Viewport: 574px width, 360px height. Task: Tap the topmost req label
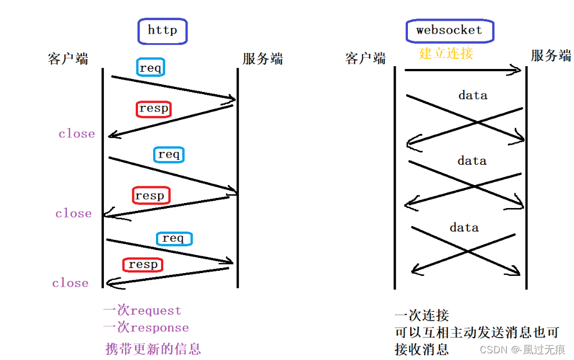150,67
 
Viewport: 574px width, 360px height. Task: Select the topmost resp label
154,109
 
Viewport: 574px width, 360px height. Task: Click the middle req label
169,154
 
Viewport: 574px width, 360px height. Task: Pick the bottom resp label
143,265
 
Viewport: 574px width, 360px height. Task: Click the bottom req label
175,238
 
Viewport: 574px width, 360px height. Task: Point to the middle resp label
151,195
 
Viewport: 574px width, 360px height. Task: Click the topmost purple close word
76,133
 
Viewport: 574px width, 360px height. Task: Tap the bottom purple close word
70,283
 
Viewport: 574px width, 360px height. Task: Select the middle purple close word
74,213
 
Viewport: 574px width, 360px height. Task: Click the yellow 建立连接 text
446,53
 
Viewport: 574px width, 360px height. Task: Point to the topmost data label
472,95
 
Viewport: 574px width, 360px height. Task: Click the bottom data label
464,228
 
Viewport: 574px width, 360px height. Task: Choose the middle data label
472,161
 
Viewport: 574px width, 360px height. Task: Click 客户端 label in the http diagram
68,59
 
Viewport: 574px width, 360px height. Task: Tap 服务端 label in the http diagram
263,59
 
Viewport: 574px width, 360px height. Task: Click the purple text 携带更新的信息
153,349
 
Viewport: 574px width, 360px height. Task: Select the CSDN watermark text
522,350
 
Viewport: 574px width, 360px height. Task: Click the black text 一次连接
422,315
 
